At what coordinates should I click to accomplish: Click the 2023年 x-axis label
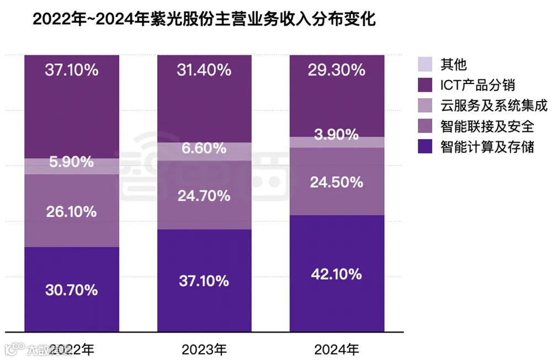point(204,349)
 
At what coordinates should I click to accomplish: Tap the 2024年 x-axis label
point(336,349)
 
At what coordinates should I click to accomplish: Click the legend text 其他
point(453,64)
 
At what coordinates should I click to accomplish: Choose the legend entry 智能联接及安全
point(487,126)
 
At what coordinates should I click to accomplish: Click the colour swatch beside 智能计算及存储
point(427,147)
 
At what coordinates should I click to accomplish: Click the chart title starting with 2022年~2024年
point(204,20)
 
